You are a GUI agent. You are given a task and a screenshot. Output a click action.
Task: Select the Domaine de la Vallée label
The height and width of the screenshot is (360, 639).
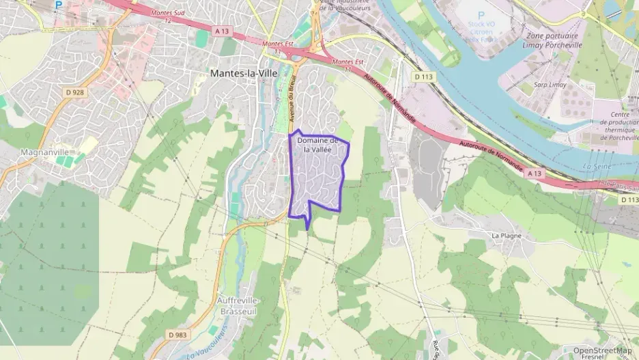(317, 144)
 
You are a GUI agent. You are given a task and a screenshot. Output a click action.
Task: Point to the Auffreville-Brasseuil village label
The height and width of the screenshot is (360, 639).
(240, 305)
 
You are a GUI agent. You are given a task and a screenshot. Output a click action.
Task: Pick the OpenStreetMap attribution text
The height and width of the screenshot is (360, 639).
(602, 350)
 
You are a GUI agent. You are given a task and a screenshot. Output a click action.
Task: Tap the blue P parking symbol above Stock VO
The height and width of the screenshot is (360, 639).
(481, 14)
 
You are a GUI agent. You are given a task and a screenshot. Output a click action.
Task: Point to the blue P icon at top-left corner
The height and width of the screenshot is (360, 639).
(59, 4)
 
